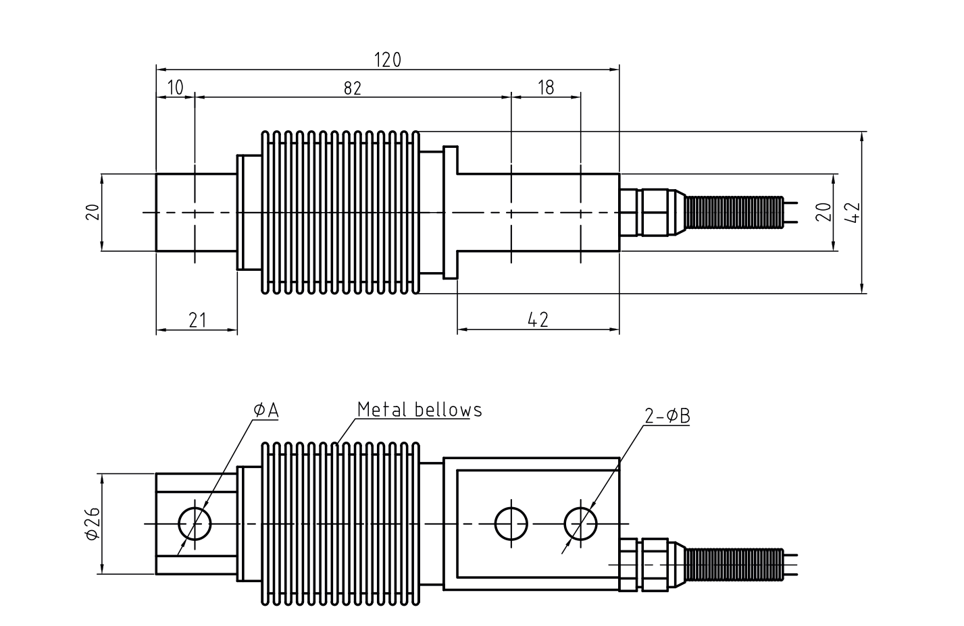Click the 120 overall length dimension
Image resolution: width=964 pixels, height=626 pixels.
[387, 60]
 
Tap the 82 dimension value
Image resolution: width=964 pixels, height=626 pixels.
[353, 88]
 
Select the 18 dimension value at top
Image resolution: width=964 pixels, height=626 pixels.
[546, 88]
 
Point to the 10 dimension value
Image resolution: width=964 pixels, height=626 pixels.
[175, 88]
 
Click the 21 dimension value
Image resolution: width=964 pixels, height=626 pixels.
[197, 321]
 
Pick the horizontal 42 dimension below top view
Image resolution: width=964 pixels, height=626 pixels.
[538, 320]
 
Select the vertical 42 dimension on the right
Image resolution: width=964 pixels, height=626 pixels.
[853, 213]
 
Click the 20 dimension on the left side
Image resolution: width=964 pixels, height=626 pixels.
[93, 212]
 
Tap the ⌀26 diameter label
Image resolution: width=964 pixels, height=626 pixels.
[93, 523]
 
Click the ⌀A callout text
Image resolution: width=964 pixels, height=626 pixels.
[266, 411]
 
